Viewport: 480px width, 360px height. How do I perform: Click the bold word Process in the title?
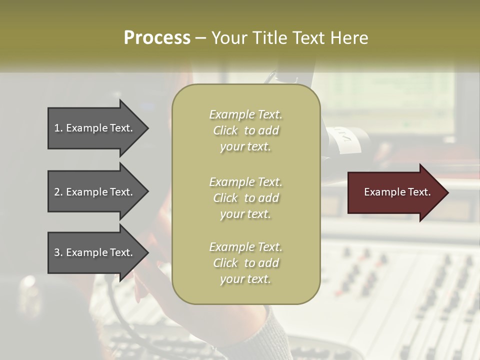157,38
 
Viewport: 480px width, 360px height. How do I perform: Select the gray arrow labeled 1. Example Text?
92,128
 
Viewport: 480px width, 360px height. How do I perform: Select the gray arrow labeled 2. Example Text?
92,192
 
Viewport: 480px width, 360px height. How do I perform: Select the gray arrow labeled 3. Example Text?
92,252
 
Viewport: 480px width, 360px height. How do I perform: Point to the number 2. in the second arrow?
58,192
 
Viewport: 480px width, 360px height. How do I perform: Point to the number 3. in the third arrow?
58,252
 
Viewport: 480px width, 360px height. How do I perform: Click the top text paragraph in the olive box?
245,130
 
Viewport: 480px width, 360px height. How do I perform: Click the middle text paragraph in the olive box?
245,197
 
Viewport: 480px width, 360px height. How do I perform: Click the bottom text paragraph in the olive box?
245,263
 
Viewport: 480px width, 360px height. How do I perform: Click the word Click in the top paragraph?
225,130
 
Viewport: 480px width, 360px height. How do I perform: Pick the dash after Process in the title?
200,38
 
